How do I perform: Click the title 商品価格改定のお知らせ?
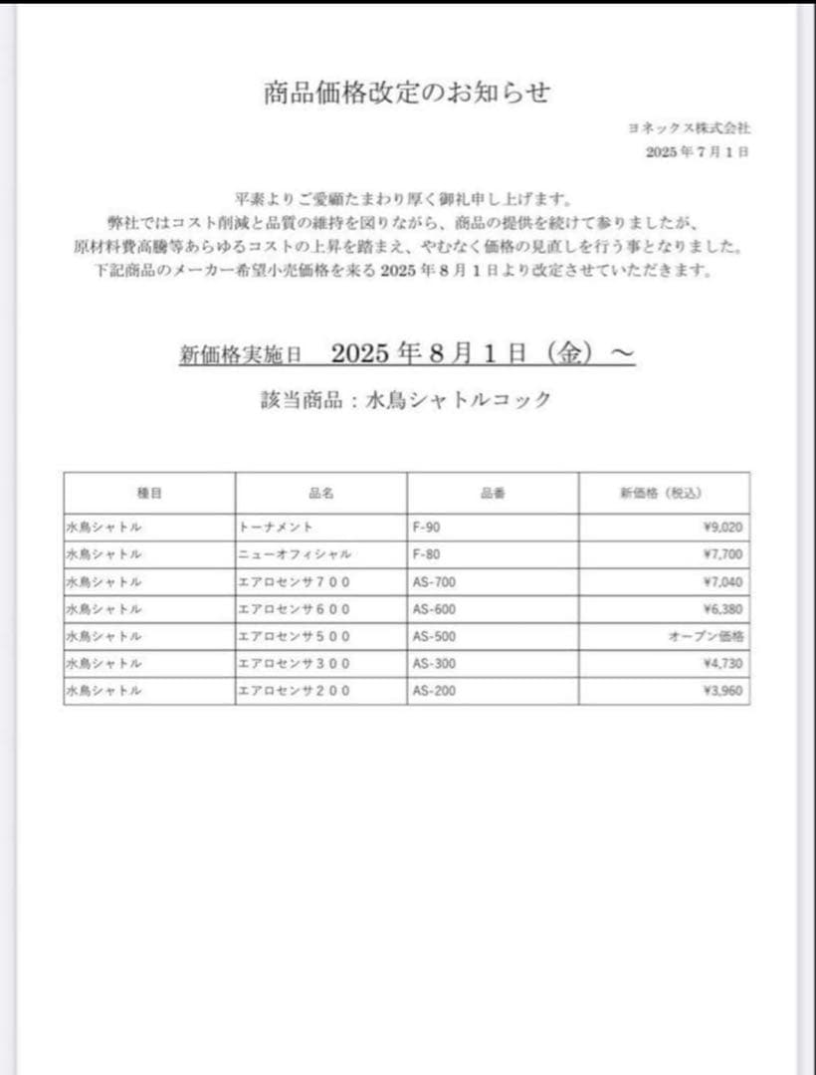click(407, 93)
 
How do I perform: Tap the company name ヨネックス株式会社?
click(690, 128)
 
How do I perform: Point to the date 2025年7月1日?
click(697, 151)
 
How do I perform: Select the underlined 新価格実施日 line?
click(407, 354)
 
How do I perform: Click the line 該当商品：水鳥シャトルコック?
click(404, 400)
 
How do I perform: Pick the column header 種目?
click(149, 493)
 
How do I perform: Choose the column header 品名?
click(320, 493)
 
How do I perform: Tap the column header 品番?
click(493, 493)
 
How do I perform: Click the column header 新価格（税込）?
click(664, 493)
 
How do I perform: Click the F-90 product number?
click(425, 528)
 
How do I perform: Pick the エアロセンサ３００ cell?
click(295, 664)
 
